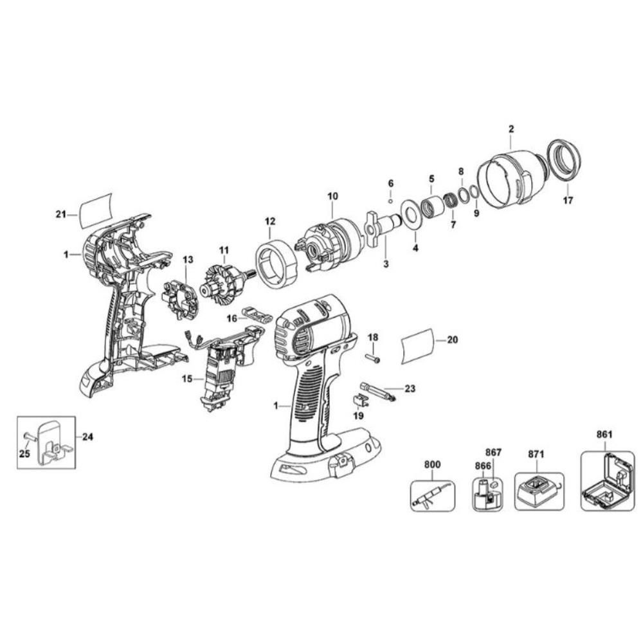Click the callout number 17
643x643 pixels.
tap(567, 200)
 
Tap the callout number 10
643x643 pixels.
tap(332, 195)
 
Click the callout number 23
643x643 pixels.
tap(410, 388)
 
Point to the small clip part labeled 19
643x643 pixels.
tap(361, 401)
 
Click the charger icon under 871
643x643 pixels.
tap(539, 491)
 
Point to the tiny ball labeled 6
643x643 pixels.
tap(390, 201)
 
